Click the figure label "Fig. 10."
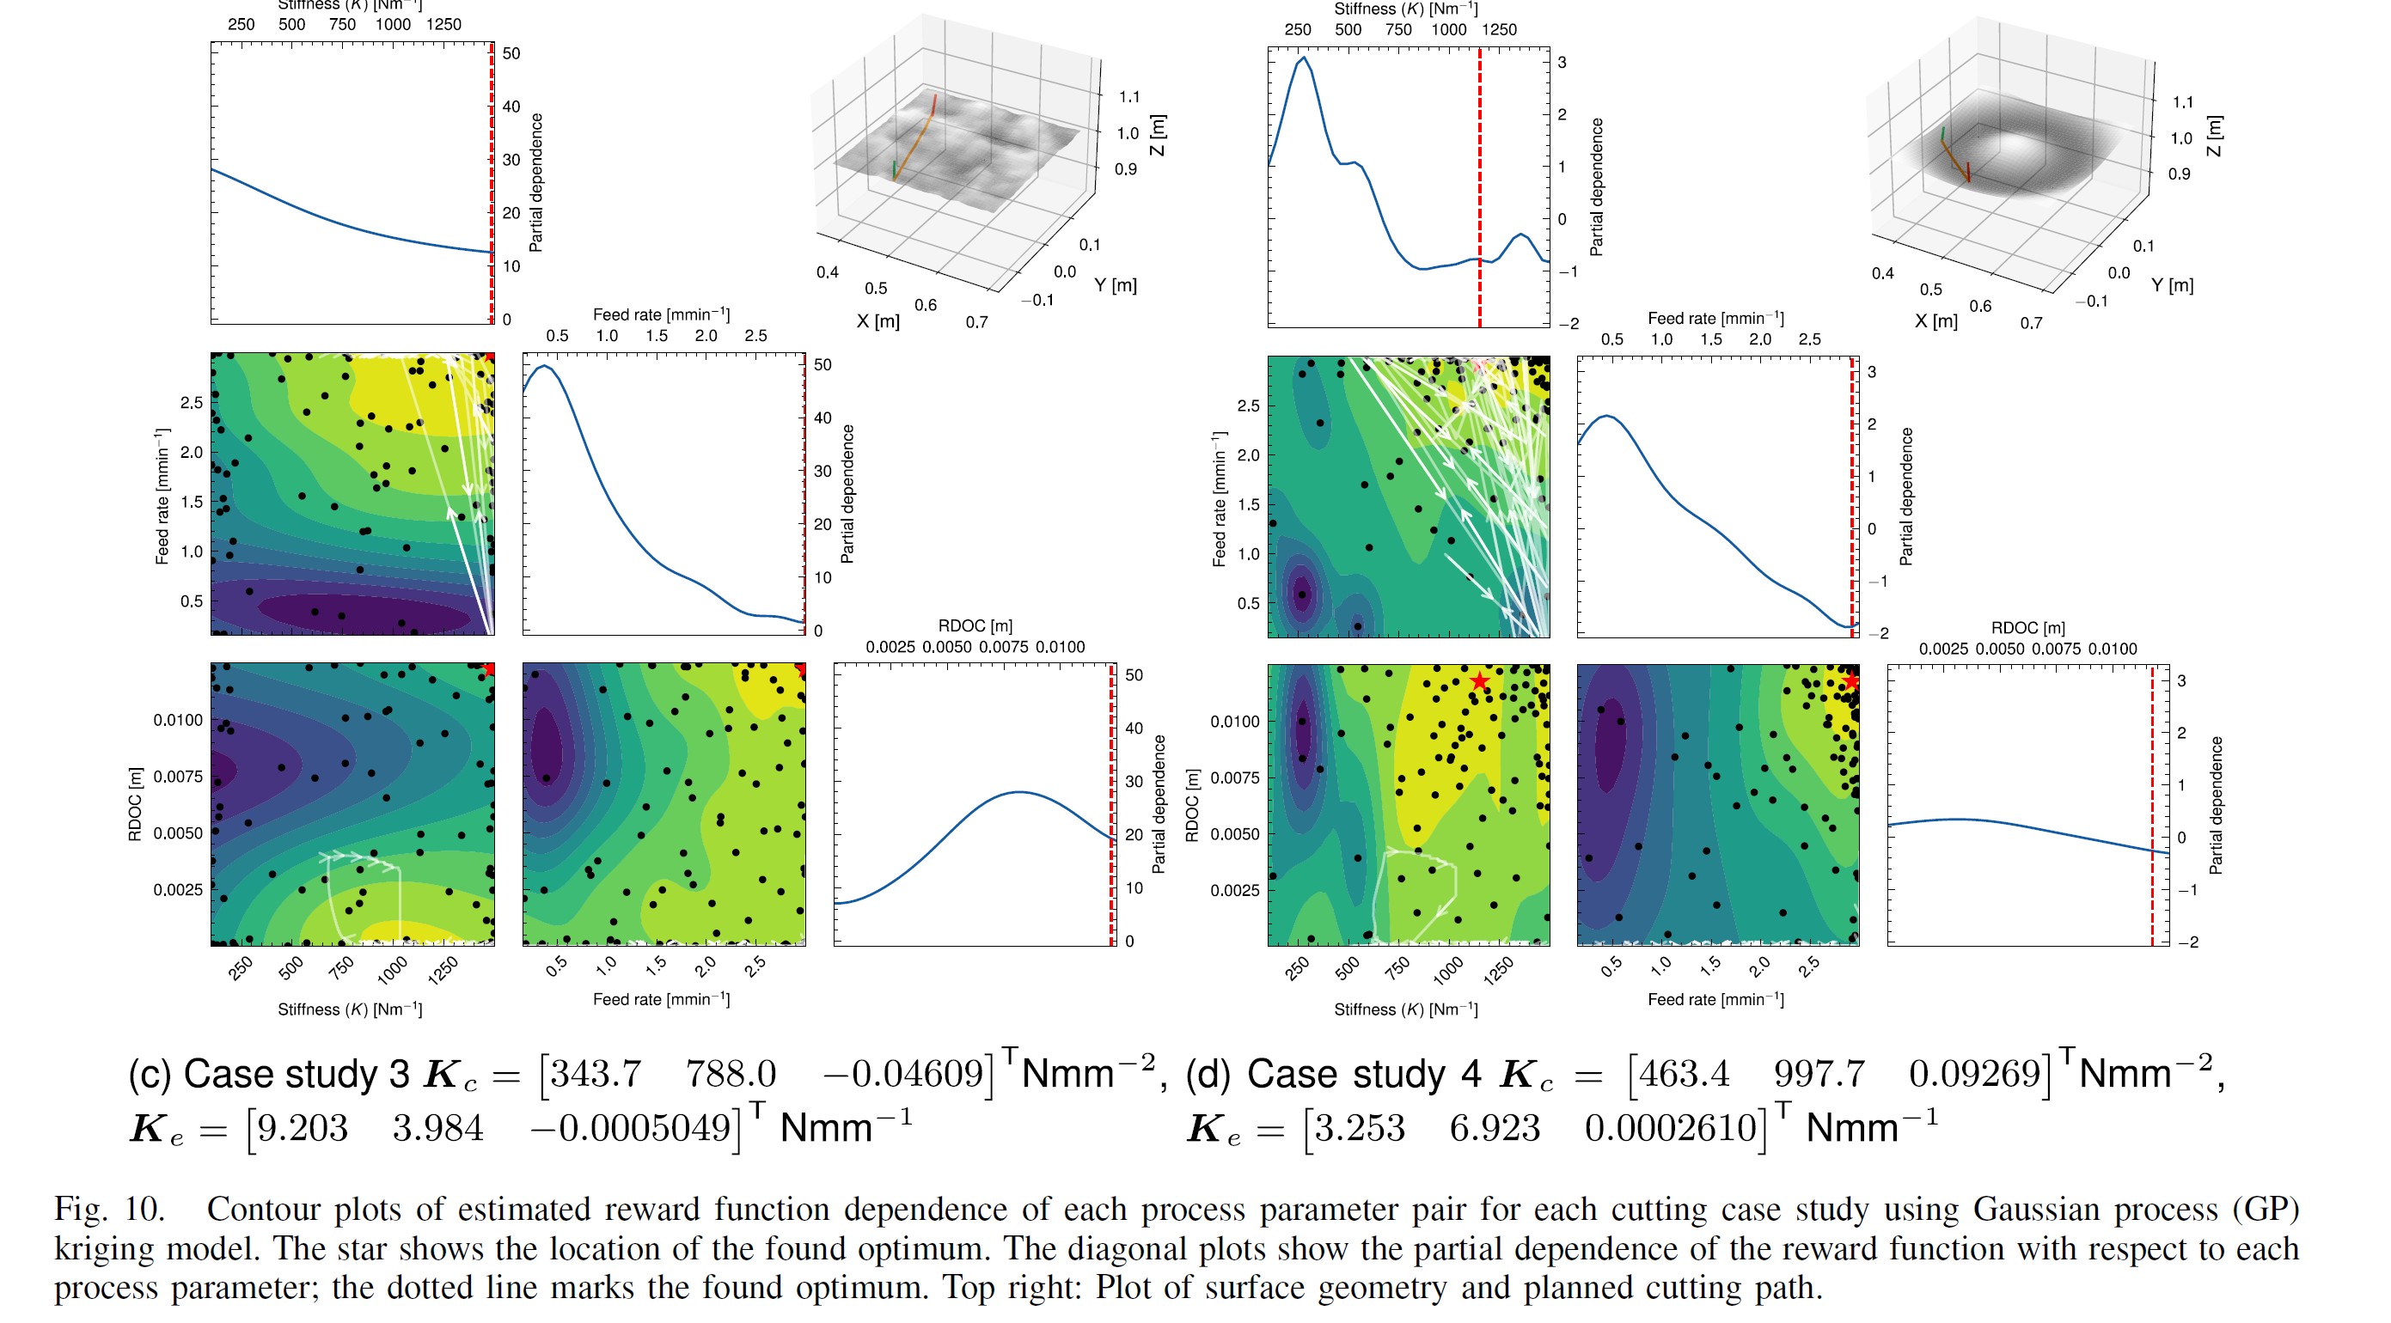(109, 1209)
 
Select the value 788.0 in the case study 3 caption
(731, 1075)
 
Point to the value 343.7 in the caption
(596, 1075)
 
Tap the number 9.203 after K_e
(303, 1128)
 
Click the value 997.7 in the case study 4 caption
(1819, 1075)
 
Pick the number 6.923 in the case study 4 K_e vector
(1495, 1128)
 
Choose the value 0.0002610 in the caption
(1671, 1128)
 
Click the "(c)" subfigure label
(150, 1075)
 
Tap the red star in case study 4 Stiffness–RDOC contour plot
(1479, 682)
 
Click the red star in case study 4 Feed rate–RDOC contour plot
(1850, 682)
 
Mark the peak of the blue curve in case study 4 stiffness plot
(1304, 58)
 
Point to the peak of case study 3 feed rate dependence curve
(546, 367)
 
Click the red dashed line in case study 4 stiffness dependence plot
(1479, 186)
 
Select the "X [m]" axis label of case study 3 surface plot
(878, 321)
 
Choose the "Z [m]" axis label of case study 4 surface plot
(2215, 137)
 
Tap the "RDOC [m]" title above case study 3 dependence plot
(975, 626)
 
